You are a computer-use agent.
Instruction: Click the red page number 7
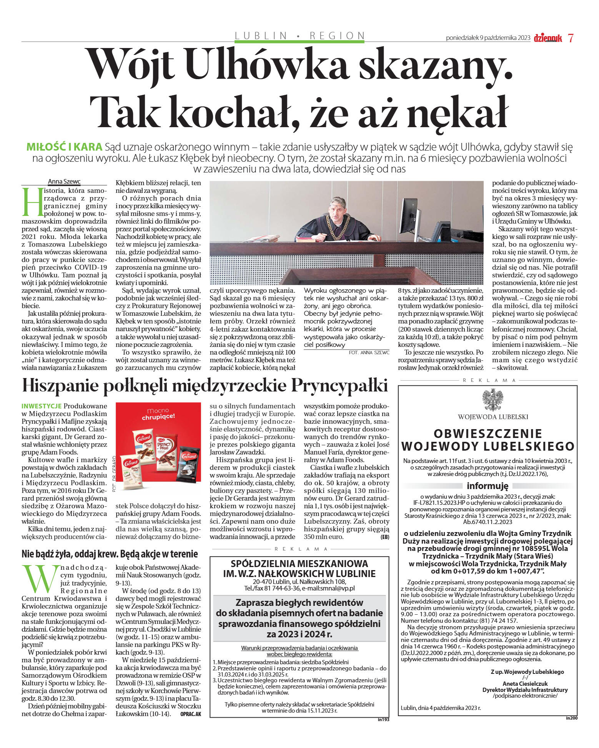(x=571, y=38)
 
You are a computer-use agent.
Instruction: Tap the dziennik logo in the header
(x=547, y=38)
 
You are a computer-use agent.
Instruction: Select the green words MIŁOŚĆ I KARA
(x=64, y=147)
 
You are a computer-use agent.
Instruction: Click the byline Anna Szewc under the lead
(x=64, y=182)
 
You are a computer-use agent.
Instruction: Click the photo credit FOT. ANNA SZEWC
(x=369, y=352)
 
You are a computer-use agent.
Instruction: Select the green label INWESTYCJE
(x=42, y=406)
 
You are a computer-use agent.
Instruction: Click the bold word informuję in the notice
(x=488, y=486)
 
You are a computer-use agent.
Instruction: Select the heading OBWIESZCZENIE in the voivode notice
(x=488, y=433)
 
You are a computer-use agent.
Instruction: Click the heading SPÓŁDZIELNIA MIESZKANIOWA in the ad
(x=299, y=564)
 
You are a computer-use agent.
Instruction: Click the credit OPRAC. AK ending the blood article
(x=190, y=714)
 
